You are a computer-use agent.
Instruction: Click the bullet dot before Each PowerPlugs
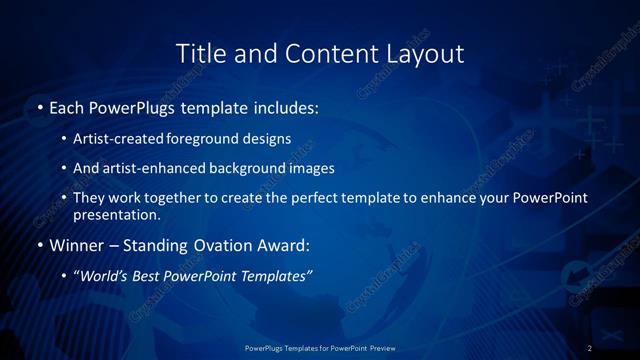[x=39, y=106]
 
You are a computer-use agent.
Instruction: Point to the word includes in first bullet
[x=288, y=106]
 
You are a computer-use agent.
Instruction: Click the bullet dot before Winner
[x=39, y=245]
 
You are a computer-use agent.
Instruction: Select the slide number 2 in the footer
[x=590, y=347]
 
